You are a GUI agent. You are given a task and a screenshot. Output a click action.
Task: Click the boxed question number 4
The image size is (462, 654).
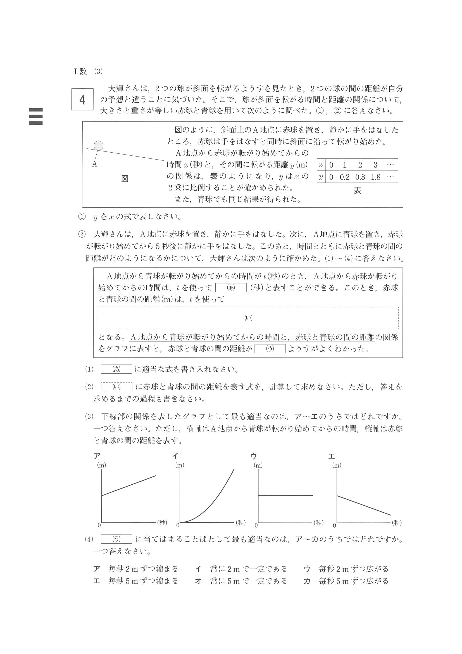tap(82, 99)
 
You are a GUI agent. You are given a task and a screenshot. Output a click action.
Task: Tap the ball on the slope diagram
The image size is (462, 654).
tap(99, 146)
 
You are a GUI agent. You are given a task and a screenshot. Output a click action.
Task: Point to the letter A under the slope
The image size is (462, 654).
tap(94, 164)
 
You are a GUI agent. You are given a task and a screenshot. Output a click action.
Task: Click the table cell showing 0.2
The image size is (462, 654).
tap(344, 177)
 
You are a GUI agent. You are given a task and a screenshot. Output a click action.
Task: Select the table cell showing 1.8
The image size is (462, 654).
tap(375, 177)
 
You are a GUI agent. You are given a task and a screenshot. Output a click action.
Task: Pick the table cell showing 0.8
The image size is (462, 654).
tap(360, 177)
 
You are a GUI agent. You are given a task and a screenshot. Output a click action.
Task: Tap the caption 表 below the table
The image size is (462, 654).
tap(357, 191)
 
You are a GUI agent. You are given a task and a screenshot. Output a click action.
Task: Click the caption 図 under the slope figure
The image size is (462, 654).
tap(125, 179)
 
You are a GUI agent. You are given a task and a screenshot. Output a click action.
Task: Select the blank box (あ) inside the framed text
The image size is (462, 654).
tap(230, 288)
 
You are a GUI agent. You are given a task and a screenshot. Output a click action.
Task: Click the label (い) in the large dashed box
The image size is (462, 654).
tap(248, 318)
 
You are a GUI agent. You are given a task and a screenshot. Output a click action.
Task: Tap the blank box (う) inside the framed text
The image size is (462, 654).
tap(270, 349)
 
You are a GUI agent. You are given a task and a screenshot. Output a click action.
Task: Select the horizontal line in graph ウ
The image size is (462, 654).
tap(285, 495)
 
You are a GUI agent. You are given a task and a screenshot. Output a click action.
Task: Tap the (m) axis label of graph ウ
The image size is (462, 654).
tap(258, 465)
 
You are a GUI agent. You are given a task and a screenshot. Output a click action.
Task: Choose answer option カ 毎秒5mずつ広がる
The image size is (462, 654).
tap(346, 581)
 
